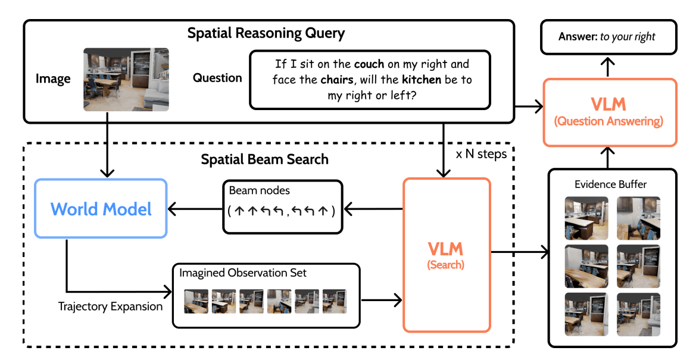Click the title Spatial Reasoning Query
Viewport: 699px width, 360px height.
click(266, 33)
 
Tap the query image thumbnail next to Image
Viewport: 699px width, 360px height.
click(126, 79)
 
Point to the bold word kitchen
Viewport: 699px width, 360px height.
click(422, 79)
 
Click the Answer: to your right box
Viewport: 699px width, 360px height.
click(607, 37)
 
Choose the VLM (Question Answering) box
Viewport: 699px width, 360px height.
click(610, 112)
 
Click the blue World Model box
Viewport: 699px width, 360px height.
click(101, 208)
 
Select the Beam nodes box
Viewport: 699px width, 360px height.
click(282, 206)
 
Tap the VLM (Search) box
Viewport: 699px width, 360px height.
click(447, 254)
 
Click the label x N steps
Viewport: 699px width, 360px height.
click(482, 154)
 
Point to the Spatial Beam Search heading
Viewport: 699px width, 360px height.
click(264, 159)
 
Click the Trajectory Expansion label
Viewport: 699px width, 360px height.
click(110, 306)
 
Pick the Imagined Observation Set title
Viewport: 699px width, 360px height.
click(243, 273)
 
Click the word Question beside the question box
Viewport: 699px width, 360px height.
click(217, 78)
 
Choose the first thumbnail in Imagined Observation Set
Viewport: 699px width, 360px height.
click(196, 301)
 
